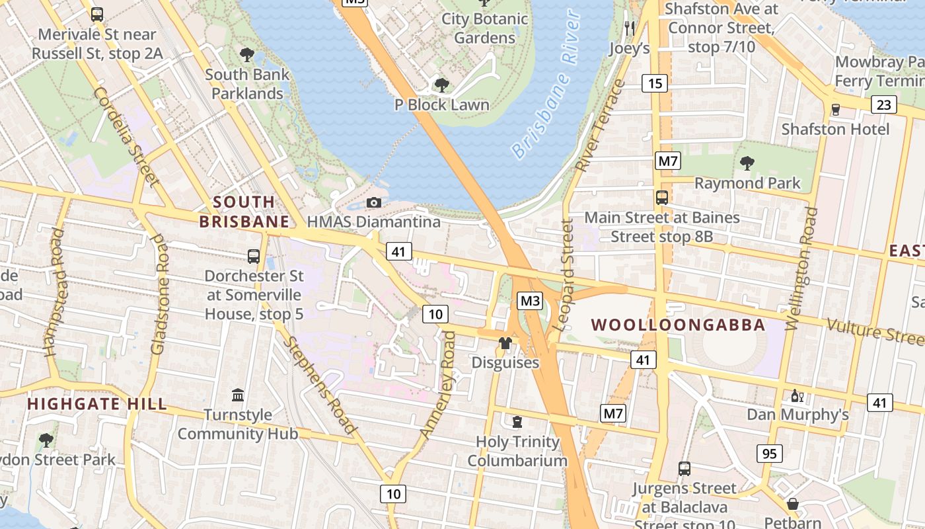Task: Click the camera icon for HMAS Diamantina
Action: coord(374,202)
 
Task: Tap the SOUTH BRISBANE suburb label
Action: coord(244,212)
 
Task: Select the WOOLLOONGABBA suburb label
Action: coord(678,325)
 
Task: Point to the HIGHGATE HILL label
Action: coord(97,404)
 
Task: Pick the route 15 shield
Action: coord(655,83)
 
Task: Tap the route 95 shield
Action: coord(769,454)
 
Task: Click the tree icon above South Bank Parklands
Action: coord(247,54)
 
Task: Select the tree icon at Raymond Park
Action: coord(747,163)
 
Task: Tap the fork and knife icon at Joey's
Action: coord(629,28)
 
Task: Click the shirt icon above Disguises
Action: coord(505,343)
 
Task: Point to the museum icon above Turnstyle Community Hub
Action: coord(238,395)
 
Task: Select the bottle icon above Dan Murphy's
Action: coord(797,395)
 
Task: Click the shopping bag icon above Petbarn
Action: coord(792,504)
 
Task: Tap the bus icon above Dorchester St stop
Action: coord(253,257)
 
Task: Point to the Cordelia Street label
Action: coord(126,136)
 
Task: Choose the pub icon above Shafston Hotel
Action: coord(835,109)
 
